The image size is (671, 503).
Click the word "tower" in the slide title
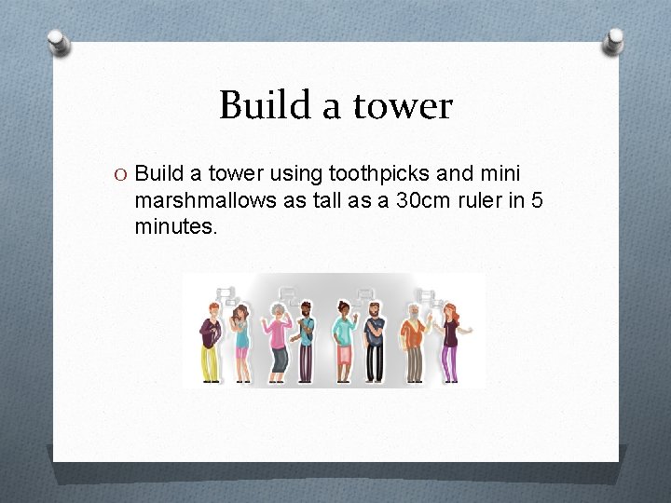click(403, 106)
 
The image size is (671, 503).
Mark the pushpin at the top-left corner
click(58, 42)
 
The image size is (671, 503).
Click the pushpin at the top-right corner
click(613, 41)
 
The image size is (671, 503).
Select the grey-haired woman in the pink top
click(278, 341)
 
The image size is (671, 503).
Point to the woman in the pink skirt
click(343, 341)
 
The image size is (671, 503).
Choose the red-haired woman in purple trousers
click(452, 341)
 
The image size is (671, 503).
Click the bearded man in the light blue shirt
click(307, 341)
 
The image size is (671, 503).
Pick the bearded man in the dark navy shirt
click(375, 341)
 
